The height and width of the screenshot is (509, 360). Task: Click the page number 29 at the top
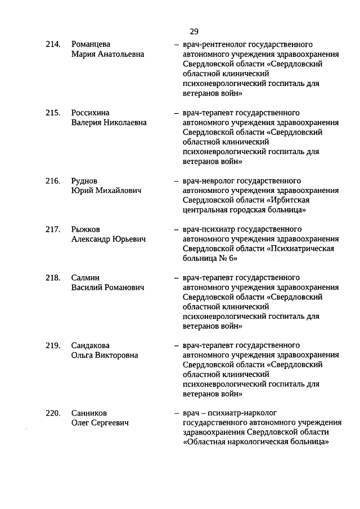pos(194,31)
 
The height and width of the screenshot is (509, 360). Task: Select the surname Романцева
pos(91,44)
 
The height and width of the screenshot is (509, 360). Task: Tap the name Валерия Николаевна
pos(109,122)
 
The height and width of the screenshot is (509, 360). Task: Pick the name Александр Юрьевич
pos(109,239)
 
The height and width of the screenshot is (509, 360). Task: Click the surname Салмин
pos(85,277)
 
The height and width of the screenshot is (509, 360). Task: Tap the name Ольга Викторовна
pos(105,355)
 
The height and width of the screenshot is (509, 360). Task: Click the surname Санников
pos(89,413)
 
